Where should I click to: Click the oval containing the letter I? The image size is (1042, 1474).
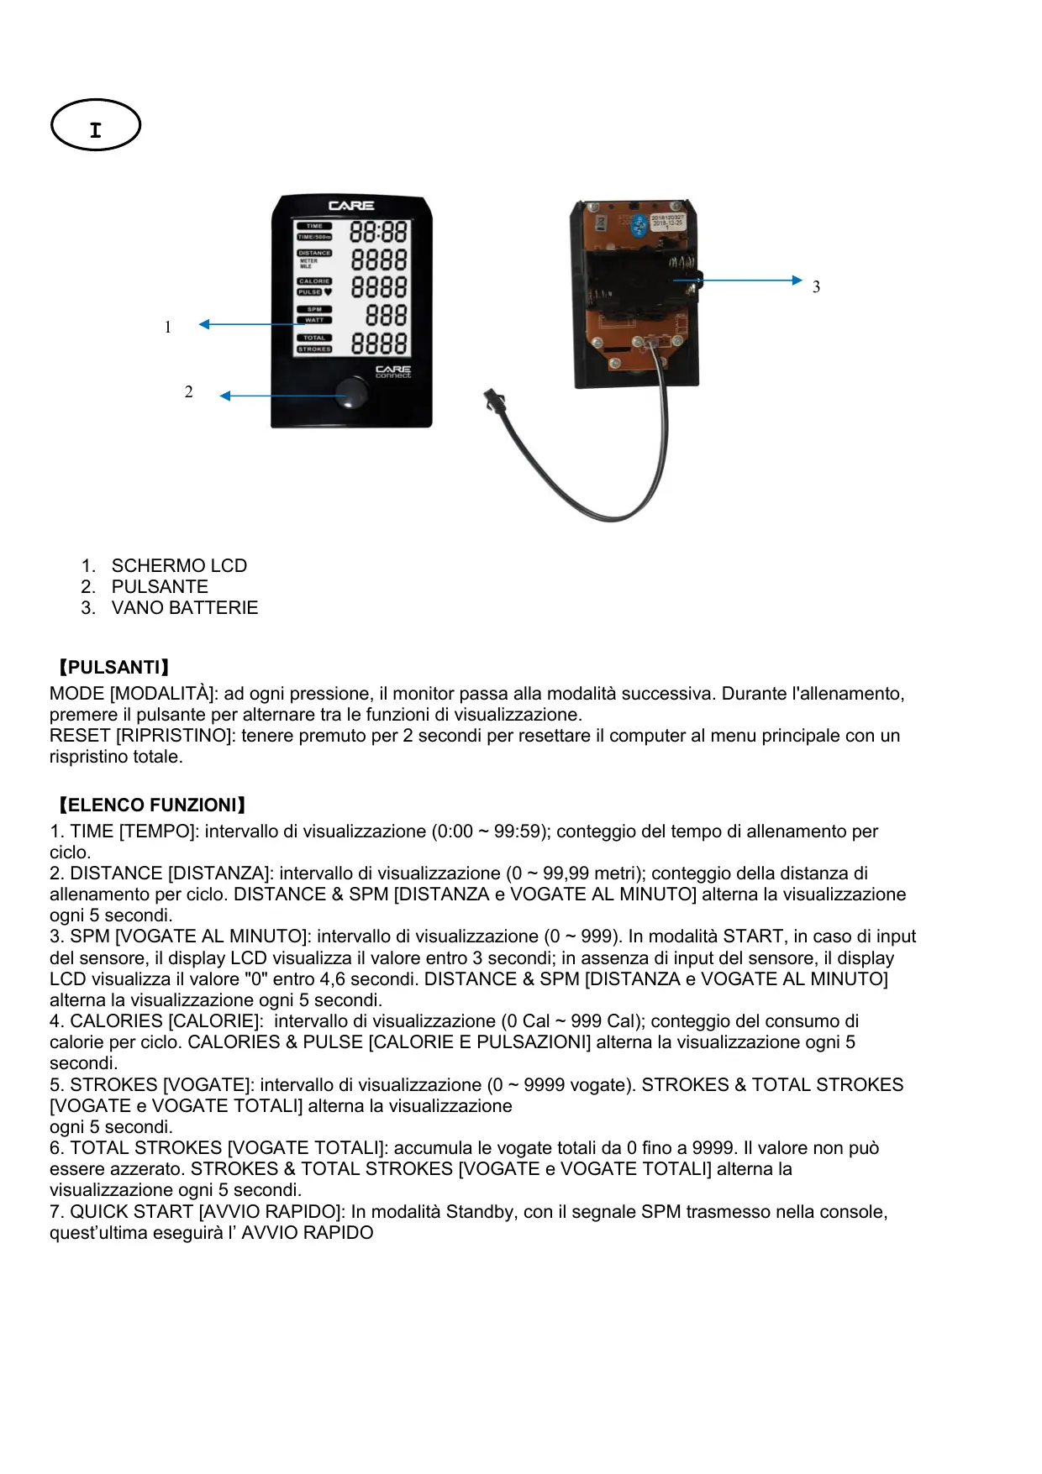(x=95, y=126)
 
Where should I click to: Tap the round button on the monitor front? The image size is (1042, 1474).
(x=351, y=392)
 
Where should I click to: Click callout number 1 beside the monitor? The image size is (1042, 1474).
(x=168, y=328)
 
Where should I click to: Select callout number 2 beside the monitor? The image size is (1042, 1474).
(x=189, y=392)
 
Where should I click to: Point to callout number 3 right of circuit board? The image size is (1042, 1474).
(x=816, y=287)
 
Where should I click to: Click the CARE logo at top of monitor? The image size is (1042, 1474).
(x=351, y=206)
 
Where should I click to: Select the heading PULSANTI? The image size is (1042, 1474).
(x=113, y=668)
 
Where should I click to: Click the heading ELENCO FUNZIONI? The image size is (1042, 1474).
(x=151, y=805)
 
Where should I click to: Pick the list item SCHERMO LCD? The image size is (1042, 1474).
(x=179, y=566)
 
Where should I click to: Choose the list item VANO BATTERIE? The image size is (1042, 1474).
(x=184, y=608)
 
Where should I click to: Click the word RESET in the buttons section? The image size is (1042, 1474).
(x=80, y=736)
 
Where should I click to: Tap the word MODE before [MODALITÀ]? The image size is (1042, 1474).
(x=77, y=694)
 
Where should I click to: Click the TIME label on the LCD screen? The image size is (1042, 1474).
(x=314, y=226)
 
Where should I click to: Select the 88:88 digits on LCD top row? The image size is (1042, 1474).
(x=378, y=232)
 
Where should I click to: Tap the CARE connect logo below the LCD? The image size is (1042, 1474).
(x=392, y=371)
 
